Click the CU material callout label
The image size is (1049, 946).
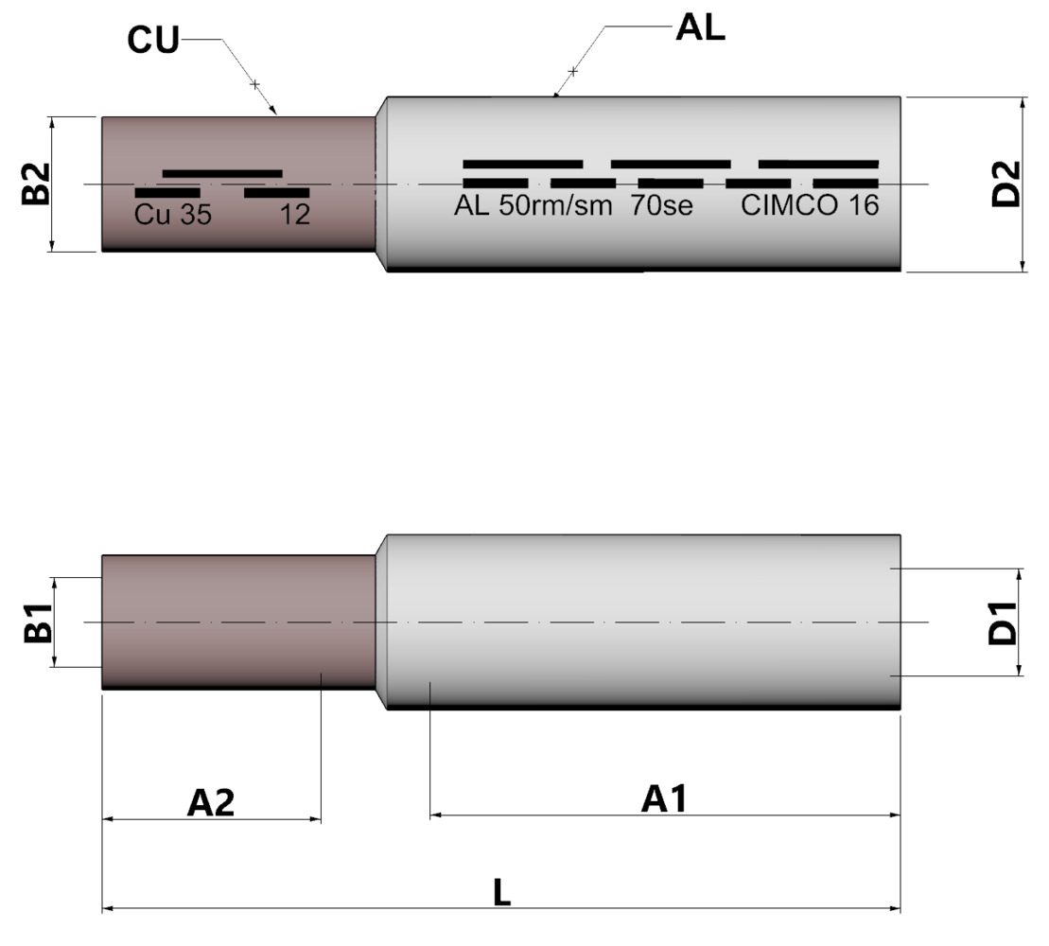click(x=152, y=43)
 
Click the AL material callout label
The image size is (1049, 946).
click(x=700, y=28)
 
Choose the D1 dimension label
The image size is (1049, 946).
click(x=1002, y=622)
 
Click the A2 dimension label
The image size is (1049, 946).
click(x=210, y=802)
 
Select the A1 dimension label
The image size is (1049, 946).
click(x=664, y=799)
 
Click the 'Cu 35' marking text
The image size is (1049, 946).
click(x=173, y=215)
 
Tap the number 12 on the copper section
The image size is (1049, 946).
click(x=295, y=215)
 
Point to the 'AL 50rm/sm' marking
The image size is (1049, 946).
click(x=533, y=205)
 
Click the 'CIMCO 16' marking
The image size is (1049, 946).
click(x=810, y=205)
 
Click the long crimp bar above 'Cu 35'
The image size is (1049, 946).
click(x=222, y=173)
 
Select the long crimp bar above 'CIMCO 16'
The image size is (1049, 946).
click(x=818, y=164)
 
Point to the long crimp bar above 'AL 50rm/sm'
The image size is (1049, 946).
click(x=522, y=164)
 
